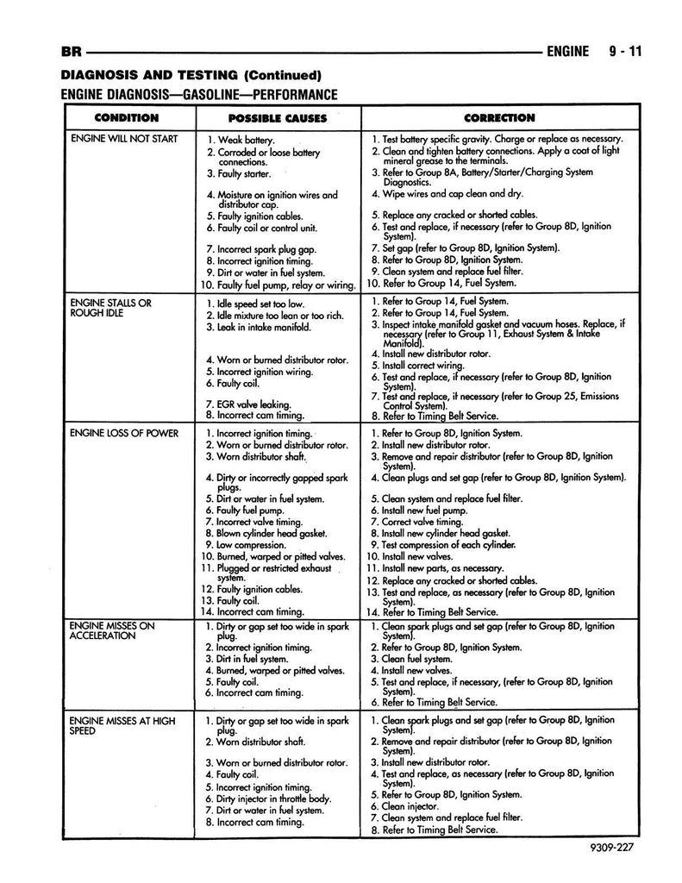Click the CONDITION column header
[x=126, y=117]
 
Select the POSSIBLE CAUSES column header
[x=277, y=117]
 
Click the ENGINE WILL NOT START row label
[x=124, y=138]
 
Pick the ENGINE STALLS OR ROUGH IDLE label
[x=109, y=308]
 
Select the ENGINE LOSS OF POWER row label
[x=124, y=433]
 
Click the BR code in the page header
[x=72, y=51]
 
